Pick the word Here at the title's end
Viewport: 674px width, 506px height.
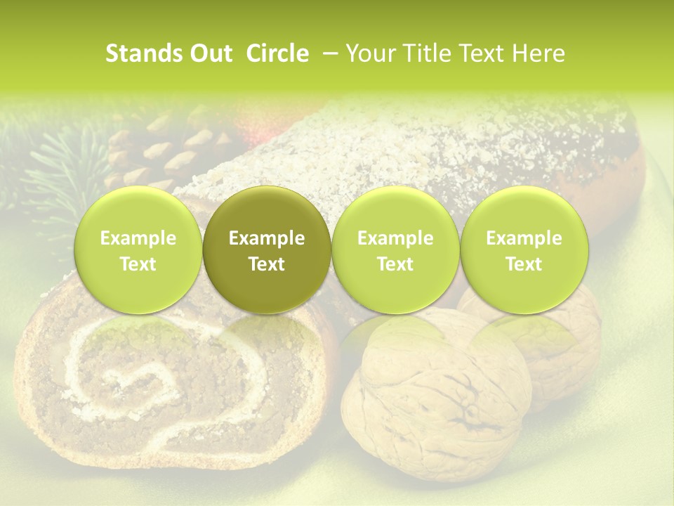click(x=538, y=53)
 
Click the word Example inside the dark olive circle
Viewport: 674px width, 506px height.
click(x=267, y=238)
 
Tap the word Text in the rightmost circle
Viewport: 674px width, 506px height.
click(x=524, y=264)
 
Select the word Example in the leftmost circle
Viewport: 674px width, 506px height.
click(x=138, y=238)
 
